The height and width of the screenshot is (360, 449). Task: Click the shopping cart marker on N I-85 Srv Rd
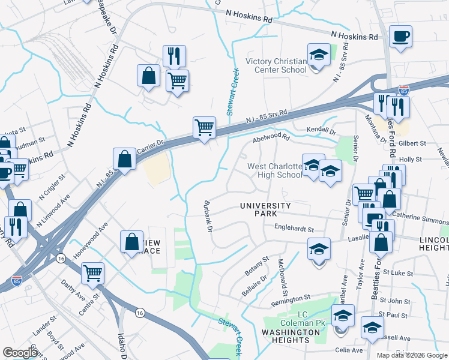coord(204,128)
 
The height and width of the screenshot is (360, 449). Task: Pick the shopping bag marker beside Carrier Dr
coord(124,160)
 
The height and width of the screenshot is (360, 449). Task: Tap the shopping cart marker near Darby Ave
coord(92,274)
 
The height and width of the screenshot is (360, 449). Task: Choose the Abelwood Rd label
coord(271,138)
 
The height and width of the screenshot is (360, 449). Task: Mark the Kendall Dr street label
coord(320,130)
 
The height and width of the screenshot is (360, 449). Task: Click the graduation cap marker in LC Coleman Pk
coord(343,316)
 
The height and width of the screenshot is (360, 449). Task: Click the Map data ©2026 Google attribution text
coord(411,355)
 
